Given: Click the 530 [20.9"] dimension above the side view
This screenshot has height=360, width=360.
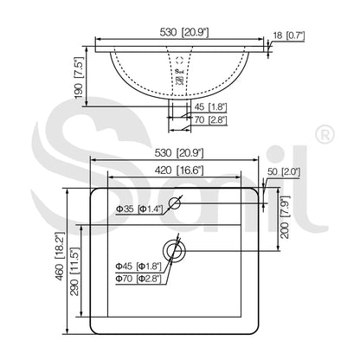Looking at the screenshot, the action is tap(184, 32).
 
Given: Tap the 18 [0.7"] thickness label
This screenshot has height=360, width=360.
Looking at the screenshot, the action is tap(289, 35).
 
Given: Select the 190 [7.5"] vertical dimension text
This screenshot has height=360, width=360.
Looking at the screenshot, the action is tap(79, 78).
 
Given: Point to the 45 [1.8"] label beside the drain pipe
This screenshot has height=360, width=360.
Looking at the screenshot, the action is tap(210, 107).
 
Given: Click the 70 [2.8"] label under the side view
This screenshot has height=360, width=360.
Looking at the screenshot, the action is tap(210, 119).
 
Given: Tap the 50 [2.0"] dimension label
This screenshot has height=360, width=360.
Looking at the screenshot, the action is tap(284, 171).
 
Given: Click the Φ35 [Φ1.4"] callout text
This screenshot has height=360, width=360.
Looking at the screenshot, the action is tap(139, 209).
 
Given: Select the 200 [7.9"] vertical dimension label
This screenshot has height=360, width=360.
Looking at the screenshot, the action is tap(285, 217).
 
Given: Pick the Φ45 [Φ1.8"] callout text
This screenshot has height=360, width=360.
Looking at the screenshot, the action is tap(138, 267).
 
